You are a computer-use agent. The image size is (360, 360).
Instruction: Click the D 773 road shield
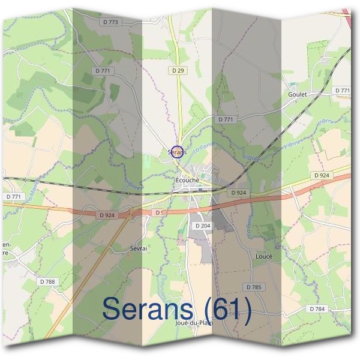coord(112,22)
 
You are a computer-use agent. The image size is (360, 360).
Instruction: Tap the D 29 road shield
coord(177,70)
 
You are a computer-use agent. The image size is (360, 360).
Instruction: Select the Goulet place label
coord(298,94)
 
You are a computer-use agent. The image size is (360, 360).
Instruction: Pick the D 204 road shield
coord(202,225)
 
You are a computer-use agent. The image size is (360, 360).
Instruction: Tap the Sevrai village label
coord(139,247)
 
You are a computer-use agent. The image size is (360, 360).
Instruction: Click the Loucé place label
coord(264,256)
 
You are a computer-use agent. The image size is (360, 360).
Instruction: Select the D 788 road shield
coord(47,281)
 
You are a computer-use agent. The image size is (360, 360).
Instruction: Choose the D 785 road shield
coord(254,287)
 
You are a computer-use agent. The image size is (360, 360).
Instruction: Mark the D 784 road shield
coord(318,308)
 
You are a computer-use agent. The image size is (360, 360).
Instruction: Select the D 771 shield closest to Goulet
coord(342,90)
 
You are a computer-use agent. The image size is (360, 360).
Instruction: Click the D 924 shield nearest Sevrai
coord(107,214)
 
